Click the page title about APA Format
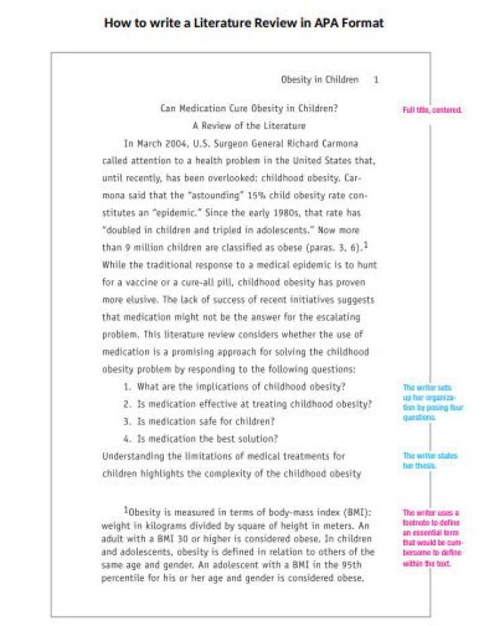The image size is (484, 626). (244, 23)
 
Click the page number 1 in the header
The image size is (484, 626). (376, 80)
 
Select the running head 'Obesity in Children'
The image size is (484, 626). (319, 80)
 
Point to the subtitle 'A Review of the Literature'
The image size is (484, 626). (249, 126)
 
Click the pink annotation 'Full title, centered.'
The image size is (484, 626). (432, 109)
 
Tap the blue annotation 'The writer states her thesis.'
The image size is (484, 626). (430, 461)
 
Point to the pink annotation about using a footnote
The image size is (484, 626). (431, 538)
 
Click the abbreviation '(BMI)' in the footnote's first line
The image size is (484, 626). (348, 512)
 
